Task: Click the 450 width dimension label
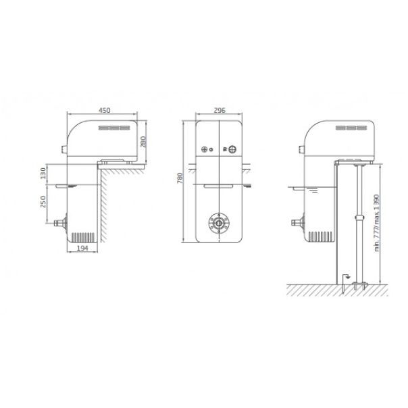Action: coord(105,110)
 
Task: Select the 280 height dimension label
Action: coord(143,142)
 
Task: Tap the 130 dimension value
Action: coord(43,174)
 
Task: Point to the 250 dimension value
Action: coord(43,202)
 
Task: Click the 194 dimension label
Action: coord(82,248)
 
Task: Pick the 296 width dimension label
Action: coord(220,110)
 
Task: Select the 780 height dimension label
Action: coord(180,178)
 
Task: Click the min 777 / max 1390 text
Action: coord(377,223)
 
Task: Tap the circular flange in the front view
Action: coord(219,224)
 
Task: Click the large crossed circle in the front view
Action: coord(232,149)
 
